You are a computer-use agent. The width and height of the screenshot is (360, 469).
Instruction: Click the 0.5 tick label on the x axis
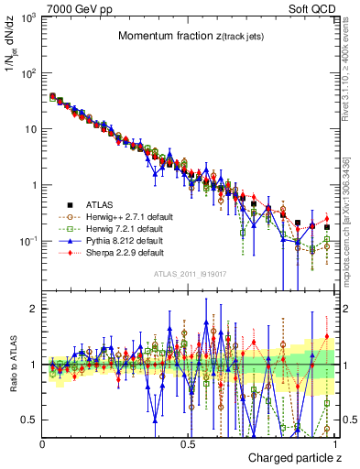pos(189,442)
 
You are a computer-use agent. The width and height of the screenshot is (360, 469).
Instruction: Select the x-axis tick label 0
pos(43,442)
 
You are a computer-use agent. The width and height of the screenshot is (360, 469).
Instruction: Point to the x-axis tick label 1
pos(334,442)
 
